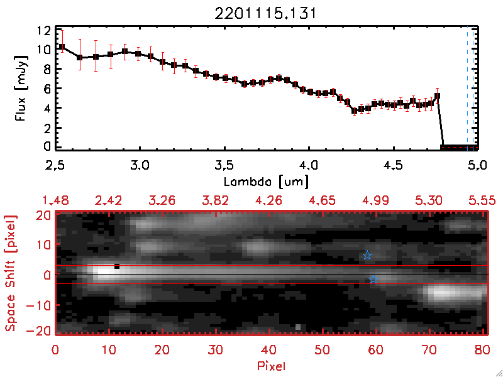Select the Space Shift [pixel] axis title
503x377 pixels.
point(11,273)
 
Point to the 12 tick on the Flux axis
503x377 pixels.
point(43,30)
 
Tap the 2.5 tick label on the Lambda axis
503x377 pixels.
point(55,167)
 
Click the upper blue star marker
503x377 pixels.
point(367,255)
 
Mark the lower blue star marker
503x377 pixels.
point(373,279)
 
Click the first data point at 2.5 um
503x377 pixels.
point(62,47)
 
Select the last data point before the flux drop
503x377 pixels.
point(437,96)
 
